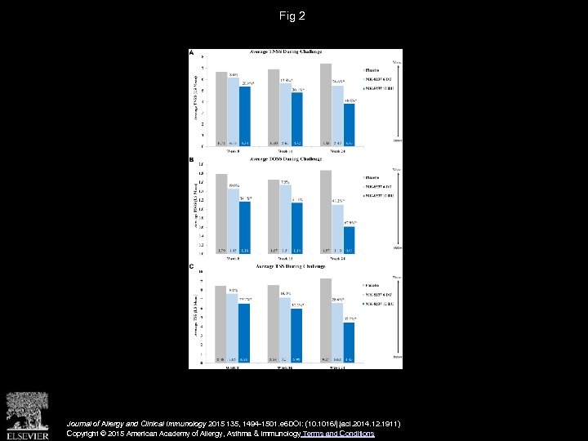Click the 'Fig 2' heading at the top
(293, 15)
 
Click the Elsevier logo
(27, 414)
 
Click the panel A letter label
(192, 52)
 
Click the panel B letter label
(192, 160)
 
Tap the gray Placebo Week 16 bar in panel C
(274, 323)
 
